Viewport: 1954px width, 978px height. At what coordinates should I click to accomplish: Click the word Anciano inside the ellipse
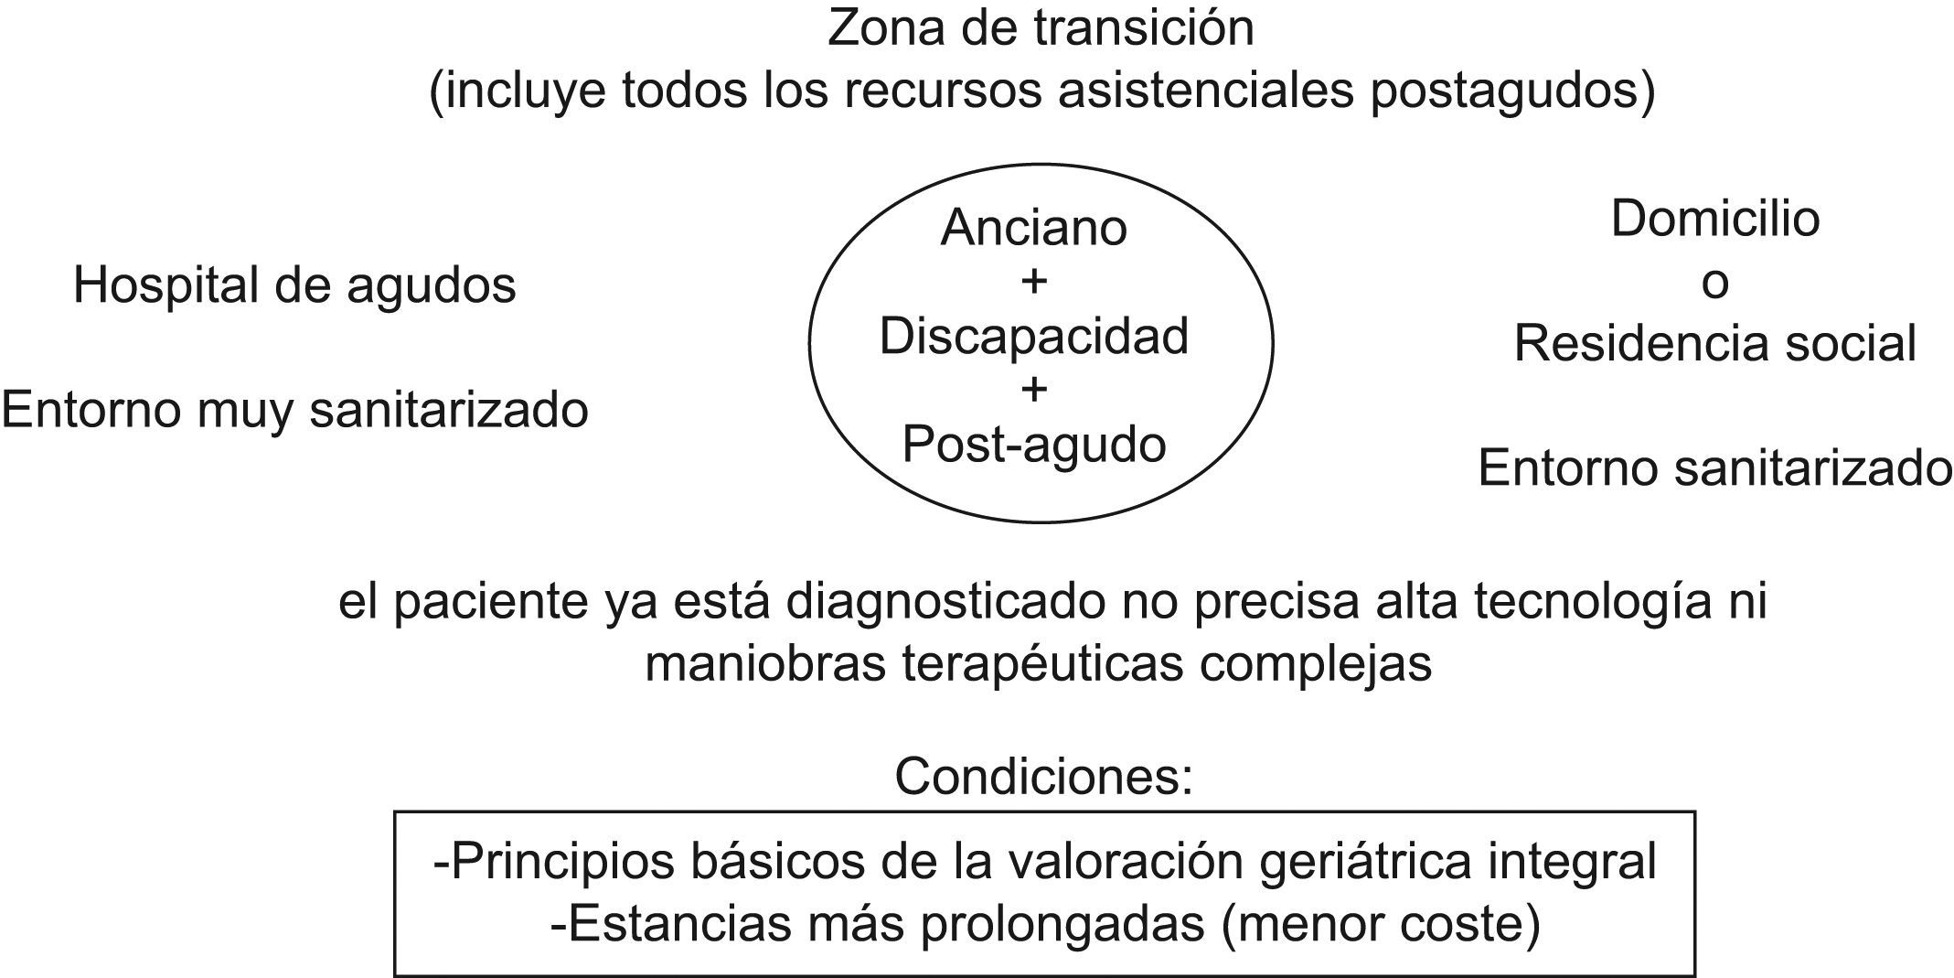pyautogui.click(x=1033, y=227)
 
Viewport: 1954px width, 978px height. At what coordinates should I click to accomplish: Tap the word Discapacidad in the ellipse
pyautogui.click(x=1033, y=336)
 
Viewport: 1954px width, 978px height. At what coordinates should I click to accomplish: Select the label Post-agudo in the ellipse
pyautogui.click(x=1033, y=445)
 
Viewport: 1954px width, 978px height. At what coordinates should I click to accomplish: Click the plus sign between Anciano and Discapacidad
pyautogui.click(x=1033, y=282)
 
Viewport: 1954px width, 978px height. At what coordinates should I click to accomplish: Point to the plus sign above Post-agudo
pyautogui.click(x=1033, y=391)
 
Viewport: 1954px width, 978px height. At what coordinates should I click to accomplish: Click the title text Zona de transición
pyautogui.click(x=1041, y=27)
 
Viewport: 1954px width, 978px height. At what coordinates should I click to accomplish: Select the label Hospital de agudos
pyautogui.click(x=294, y=285)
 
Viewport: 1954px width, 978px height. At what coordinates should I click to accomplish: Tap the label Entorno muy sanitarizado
pyautogui.click(x=294, y=409)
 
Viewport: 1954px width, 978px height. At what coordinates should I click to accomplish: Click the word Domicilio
pyautogui.click(x=1714, y=220)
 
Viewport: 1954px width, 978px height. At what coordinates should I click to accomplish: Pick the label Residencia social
pyautogui.click(x=1714, y=344)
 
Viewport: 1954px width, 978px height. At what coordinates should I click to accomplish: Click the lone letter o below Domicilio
pyautogui.click(x=1714, y=284)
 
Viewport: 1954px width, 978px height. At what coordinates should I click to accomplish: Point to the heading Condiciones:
pyautogui.click(x=1043, y=777)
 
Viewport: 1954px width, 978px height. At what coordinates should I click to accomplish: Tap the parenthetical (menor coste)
pyautogui.click(x=1381, y=924)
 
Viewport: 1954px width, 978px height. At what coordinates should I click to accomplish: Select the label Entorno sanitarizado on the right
pyautogui.click(x=1714, y=468)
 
